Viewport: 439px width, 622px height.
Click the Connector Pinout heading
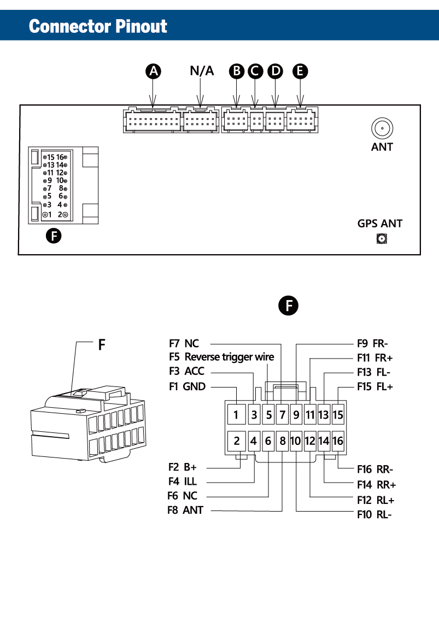[x=98, y=26]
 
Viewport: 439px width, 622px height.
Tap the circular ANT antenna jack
[x=382, y=129]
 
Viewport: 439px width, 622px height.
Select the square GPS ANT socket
[x=381, y=238]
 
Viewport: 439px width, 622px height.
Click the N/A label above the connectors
[x=202, y=71]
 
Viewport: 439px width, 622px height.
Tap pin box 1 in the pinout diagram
[x=236, y=415]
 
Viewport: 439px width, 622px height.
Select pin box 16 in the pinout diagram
[x=338, y=441]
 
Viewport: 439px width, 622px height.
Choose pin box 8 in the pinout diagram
[x=282, y=441]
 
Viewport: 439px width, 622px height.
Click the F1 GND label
[x=187, y=386]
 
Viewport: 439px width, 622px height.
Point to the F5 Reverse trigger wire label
[x=221, y=357]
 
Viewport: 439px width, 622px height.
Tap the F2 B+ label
[x=183, y=467]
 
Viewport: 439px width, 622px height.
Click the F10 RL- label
[x=374, y=514]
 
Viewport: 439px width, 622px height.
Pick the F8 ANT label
[x=185, y=510]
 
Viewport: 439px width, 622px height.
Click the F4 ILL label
[x=183, y=482]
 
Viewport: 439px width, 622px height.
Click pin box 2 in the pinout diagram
[x=236, y=441]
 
